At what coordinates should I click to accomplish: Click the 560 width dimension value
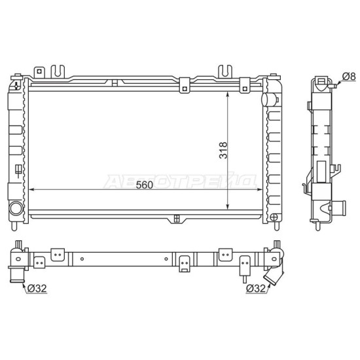(144, 185)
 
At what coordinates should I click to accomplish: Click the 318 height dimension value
(223, 150)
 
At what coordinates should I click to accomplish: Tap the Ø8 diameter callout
(349, 76)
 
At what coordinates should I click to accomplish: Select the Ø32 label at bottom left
(37, 288)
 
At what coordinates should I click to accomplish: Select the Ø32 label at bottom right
(255, 289)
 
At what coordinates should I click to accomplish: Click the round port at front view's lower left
(16, 208)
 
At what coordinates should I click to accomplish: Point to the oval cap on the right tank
(268, 99)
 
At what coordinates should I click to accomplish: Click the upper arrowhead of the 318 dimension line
(227, 95)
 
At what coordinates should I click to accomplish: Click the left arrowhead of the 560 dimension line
(31, 189)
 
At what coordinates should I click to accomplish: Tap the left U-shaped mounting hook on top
(58, 71)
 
